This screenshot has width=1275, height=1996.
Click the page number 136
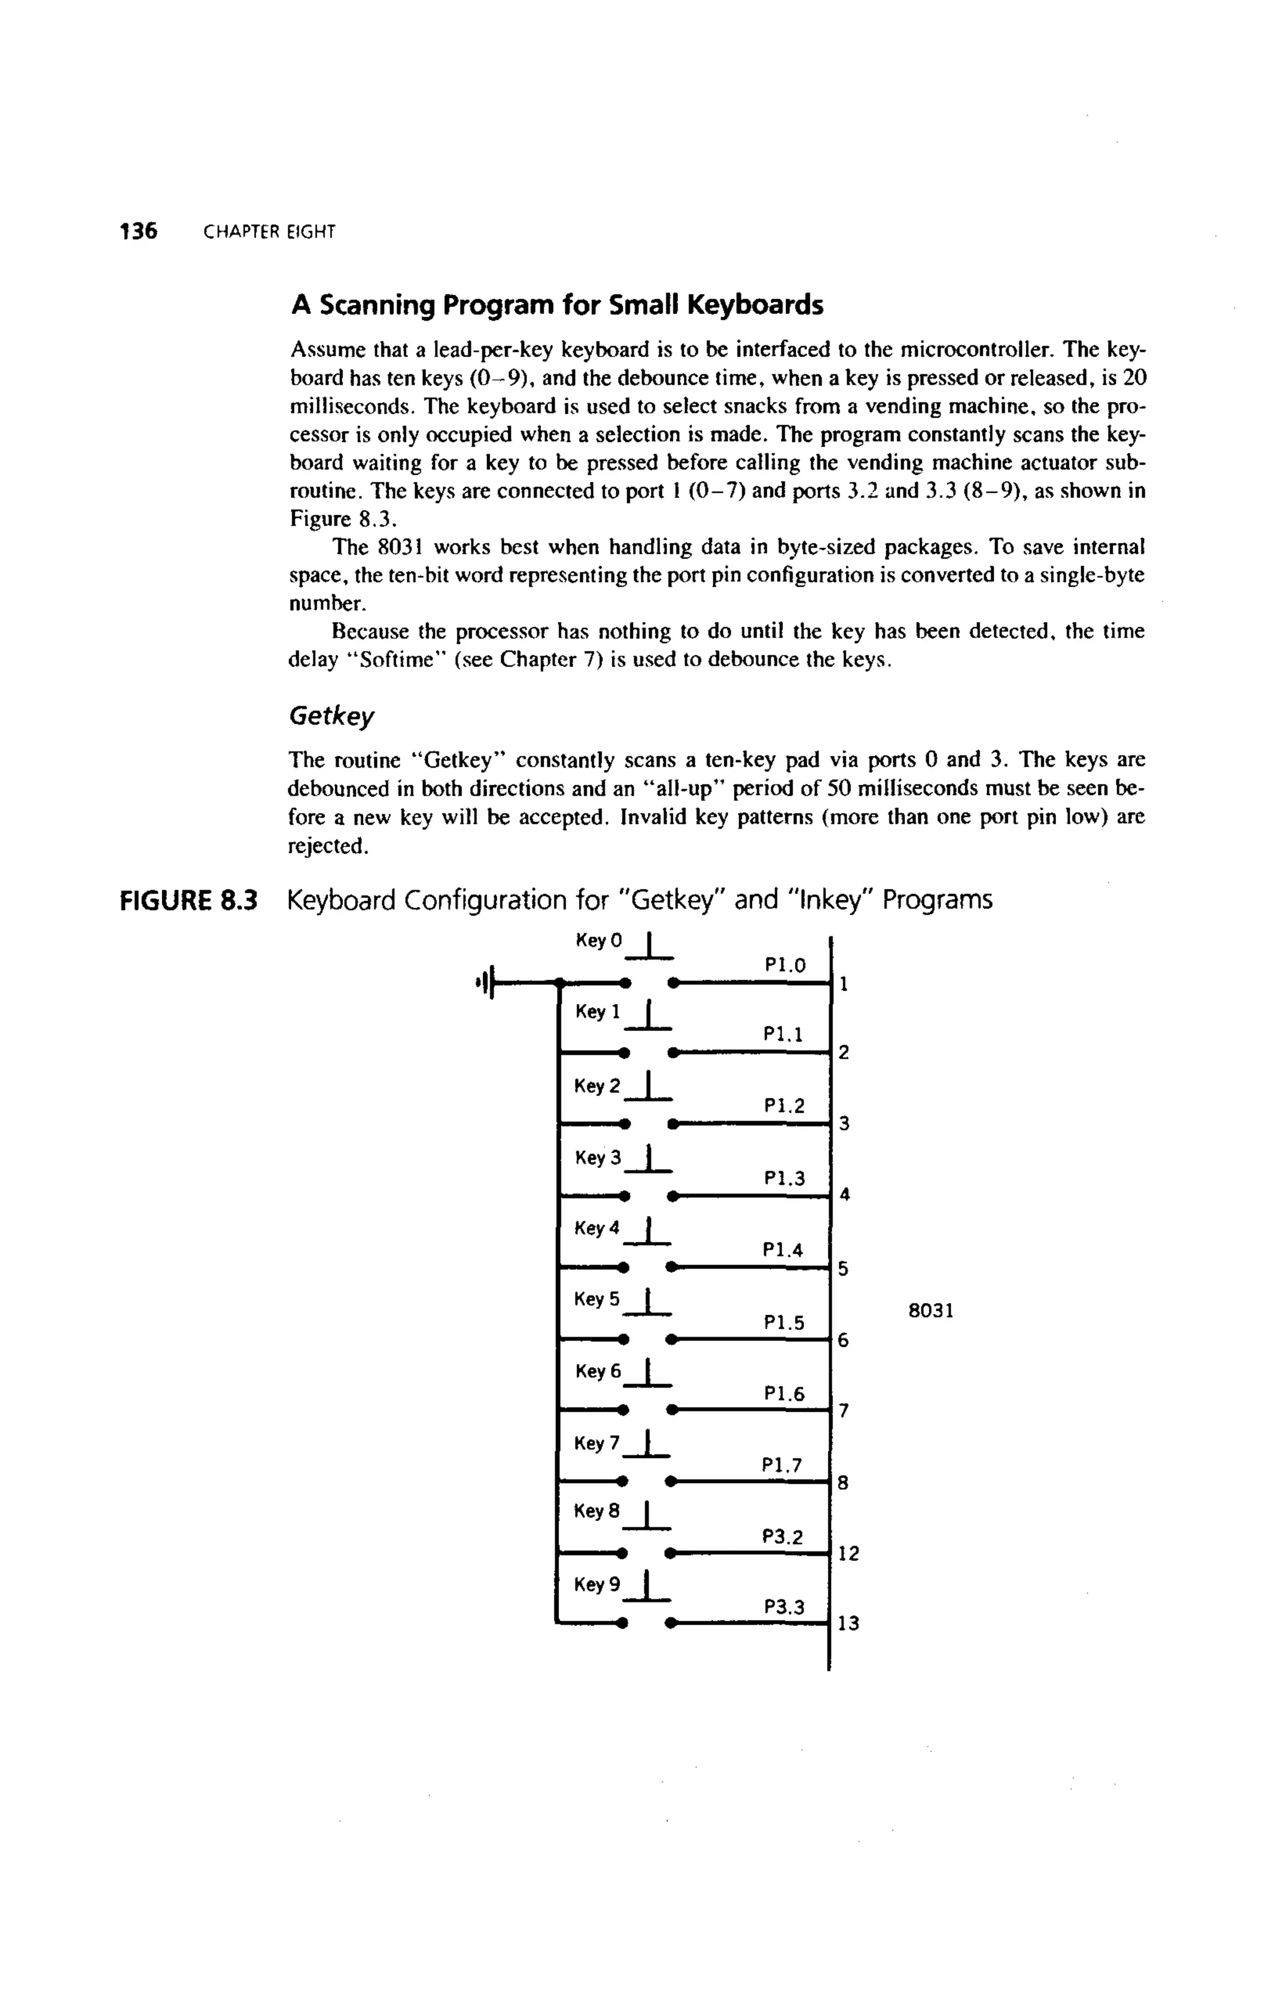point(138,231)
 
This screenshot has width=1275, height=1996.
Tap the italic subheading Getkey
point(331,715)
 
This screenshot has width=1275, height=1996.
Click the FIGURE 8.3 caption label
point(190,900)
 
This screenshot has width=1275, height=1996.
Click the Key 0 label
point(598,941)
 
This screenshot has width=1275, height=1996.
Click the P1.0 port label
point(784,966)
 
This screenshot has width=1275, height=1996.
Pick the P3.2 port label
point(783,1538)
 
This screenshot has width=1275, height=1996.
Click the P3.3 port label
point(783,1608)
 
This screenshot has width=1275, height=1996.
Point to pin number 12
point(848,1553)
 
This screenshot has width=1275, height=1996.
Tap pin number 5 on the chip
point(843,1269)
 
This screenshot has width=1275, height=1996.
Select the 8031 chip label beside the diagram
point(930,1311)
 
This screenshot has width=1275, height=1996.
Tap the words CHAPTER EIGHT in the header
point(270,233)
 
